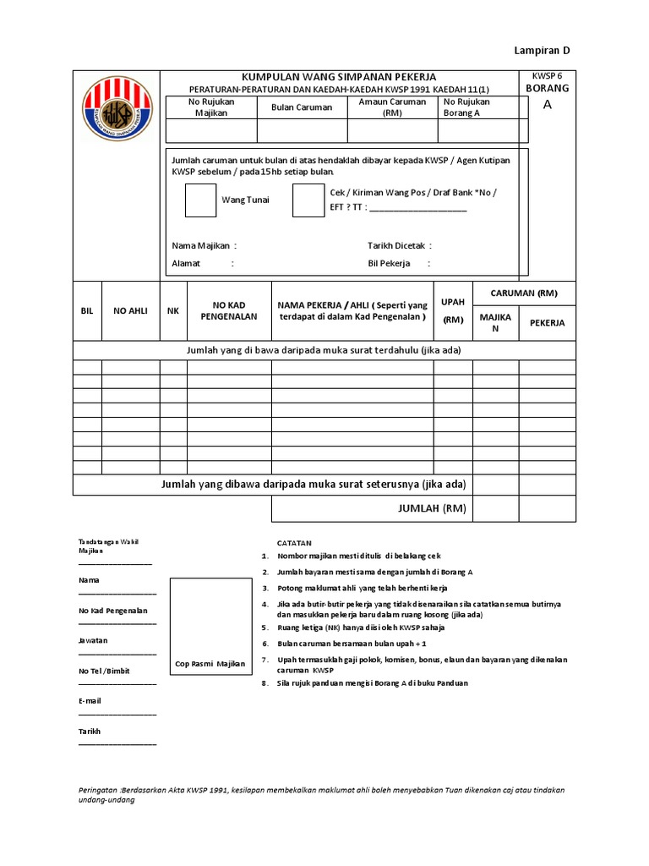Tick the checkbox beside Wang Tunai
coord(200,200)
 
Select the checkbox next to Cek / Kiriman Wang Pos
coord(308,200)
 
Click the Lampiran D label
coord(543,50)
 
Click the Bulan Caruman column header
coord(302,107)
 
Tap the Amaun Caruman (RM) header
coord(392,107)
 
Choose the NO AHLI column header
coord(131,311)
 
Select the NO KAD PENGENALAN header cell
coord(228,310)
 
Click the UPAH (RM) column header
coord(453,310)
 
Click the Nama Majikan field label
coord(203,245)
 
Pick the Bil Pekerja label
coord(389,263)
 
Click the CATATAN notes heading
coord(294,542)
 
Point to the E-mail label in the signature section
coord(90,700)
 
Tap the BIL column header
coord(86,311)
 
